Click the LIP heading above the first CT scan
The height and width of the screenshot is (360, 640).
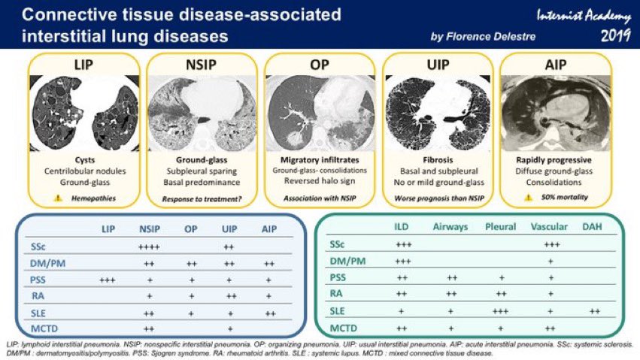point(83,64)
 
